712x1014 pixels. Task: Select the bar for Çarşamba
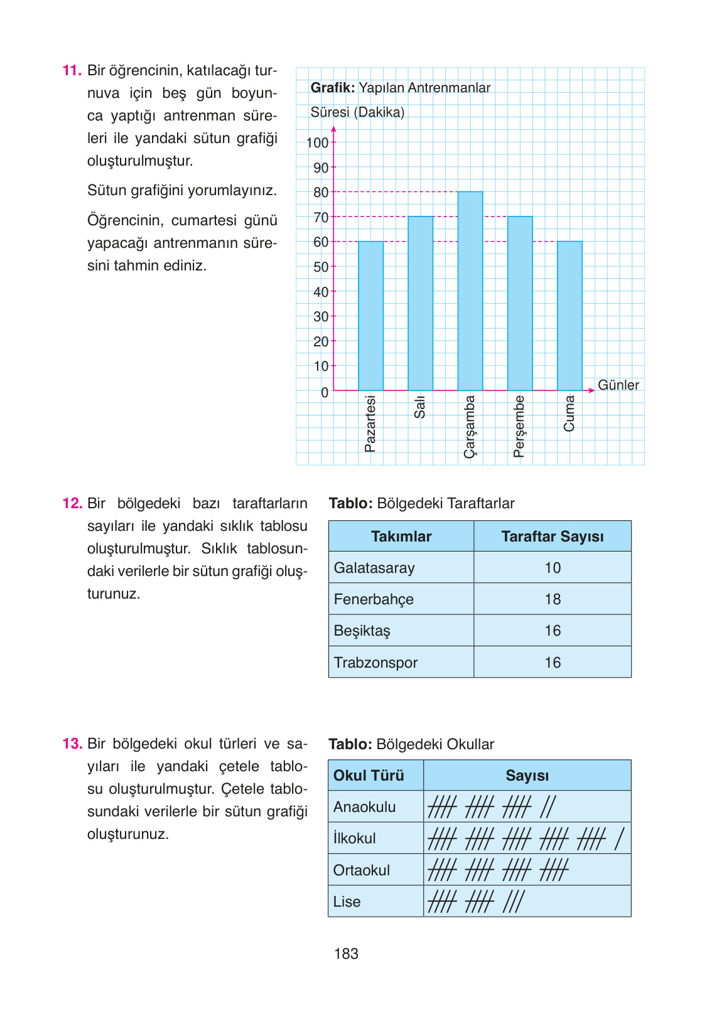(x=470, y=291)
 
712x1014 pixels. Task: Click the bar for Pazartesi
(x=370, y=316)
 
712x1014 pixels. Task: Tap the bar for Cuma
(x=569, y=316)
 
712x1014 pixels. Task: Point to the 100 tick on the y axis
(x=318, y=143)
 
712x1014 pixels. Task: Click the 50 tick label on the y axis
(x=321, y=267)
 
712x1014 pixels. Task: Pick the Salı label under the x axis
(x=420, y=407)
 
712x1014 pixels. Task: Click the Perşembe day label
(x=519, y=426)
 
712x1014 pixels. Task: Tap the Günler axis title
(x=618, y=385)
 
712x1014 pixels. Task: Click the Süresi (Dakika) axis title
(x=357, y=112)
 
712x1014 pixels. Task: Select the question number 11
(x=72, y=70)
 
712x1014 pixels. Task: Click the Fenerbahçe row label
(x=374, y=599)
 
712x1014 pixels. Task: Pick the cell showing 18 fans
(x=553, y=599)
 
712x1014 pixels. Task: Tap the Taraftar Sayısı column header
(x=553, y=536)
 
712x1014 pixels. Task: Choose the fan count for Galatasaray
(x=553, y=568)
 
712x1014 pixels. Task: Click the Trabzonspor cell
(x=375, y=663)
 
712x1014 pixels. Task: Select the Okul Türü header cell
(x=369, y=776)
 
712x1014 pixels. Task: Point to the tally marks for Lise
(x=476, y=902)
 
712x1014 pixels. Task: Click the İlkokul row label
(x=355, y=838)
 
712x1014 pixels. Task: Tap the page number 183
(x=346, y=954)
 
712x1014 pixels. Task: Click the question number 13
(x=72, y=744)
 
